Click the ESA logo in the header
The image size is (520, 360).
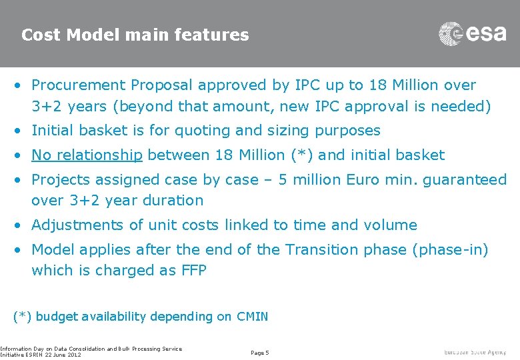pyautogui.click(x=472, y=33)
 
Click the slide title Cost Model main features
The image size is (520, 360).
pyautogui.click(x=135, y=35)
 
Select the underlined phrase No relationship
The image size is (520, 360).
pyautogui.click(x=87, y=155)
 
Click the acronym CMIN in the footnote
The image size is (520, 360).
pyautogui.click(x=252, y=317)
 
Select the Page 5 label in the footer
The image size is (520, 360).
pyautogui.click(x=259, y=352)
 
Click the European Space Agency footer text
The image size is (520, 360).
pyautogui.click(x=475, y=352)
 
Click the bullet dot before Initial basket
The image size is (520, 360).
pyautogui.click(x=22, y=131)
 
